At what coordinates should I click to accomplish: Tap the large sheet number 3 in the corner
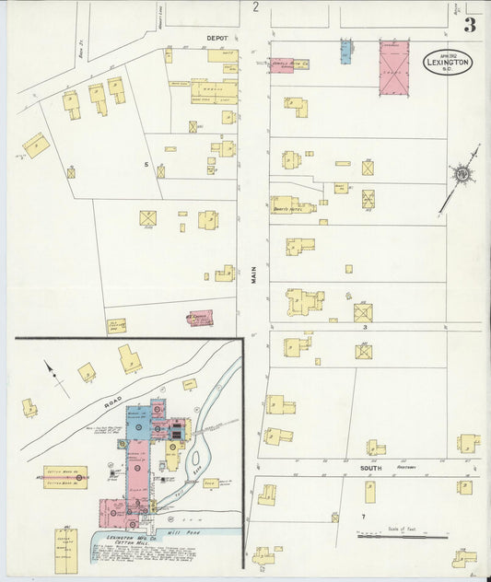pyautogui.click(x=469, y=25)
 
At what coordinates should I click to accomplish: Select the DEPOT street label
pyautogui.click(x=216, y=39)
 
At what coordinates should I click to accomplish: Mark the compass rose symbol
pyautogui.click(x=459, y=174)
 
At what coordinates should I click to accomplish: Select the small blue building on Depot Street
pyautogui.click(x=346, y=51)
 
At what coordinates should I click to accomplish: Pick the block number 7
pyautogui.click(x=364, y=516)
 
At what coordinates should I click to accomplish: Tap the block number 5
pyautogui.click(x=146, y=163)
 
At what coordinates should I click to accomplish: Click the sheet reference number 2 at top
pyautogui.click(x=255, y=7)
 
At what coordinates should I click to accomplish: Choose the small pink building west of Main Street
pyautogui.click(x=200, y=318)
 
